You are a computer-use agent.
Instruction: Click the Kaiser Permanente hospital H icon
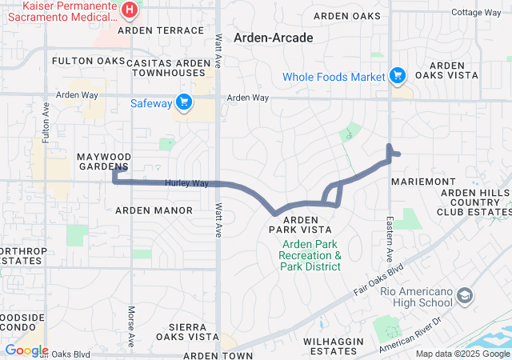click(130, 10)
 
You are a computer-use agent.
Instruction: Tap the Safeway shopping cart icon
click(184, 102)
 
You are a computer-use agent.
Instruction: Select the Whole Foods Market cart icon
click(397, 77)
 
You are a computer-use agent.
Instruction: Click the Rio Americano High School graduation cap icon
click(464, 298)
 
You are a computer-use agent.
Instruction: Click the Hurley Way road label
click(187, 183)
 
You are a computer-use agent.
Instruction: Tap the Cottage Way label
click(476, 13)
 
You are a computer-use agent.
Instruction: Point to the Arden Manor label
click(154, 210)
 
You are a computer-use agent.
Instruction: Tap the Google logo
click(26, 350)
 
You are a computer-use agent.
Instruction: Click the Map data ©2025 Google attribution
click(462, 354)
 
